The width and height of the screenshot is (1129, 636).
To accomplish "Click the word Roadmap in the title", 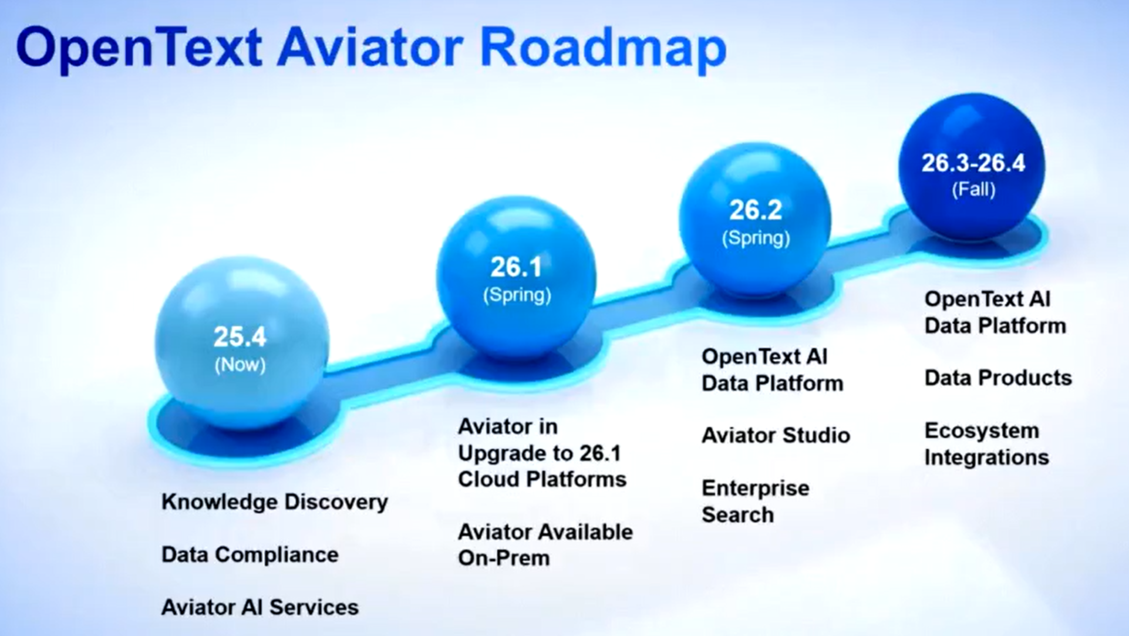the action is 604,48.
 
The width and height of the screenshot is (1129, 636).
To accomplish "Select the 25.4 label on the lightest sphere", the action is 240,336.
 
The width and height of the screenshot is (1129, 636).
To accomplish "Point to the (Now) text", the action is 240,365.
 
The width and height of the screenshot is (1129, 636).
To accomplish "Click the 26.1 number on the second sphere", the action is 517,267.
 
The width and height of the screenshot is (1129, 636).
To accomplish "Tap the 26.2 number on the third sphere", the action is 756,210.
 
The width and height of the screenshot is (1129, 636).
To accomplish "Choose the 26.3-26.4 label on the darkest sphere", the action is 973,163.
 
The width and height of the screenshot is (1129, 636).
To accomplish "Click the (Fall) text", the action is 973,189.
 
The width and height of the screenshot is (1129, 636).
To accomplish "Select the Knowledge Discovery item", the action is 275,502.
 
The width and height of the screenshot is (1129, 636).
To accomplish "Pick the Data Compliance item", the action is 250,554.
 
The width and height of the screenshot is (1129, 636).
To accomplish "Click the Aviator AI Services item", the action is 260,607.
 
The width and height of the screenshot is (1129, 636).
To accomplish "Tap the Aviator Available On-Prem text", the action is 545,545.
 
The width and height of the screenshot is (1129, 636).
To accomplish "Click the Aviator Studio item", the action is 776,436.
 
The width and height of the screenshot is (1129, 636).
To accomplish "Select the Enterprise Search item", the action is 756,502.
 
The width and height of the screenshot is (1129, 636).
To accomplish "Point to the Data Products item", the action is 998,378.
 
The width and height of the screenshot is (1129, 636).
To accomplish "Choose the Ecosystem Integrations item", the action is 987,444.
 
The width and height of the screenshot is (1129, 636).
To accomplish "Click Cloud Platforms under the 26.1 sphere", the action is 542,479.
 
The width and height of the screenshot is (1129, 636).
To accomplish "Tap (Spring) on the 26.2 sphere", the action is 756,238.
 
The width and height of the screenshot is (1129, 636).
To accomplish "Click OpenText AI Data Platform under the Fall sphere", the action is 995,312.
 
